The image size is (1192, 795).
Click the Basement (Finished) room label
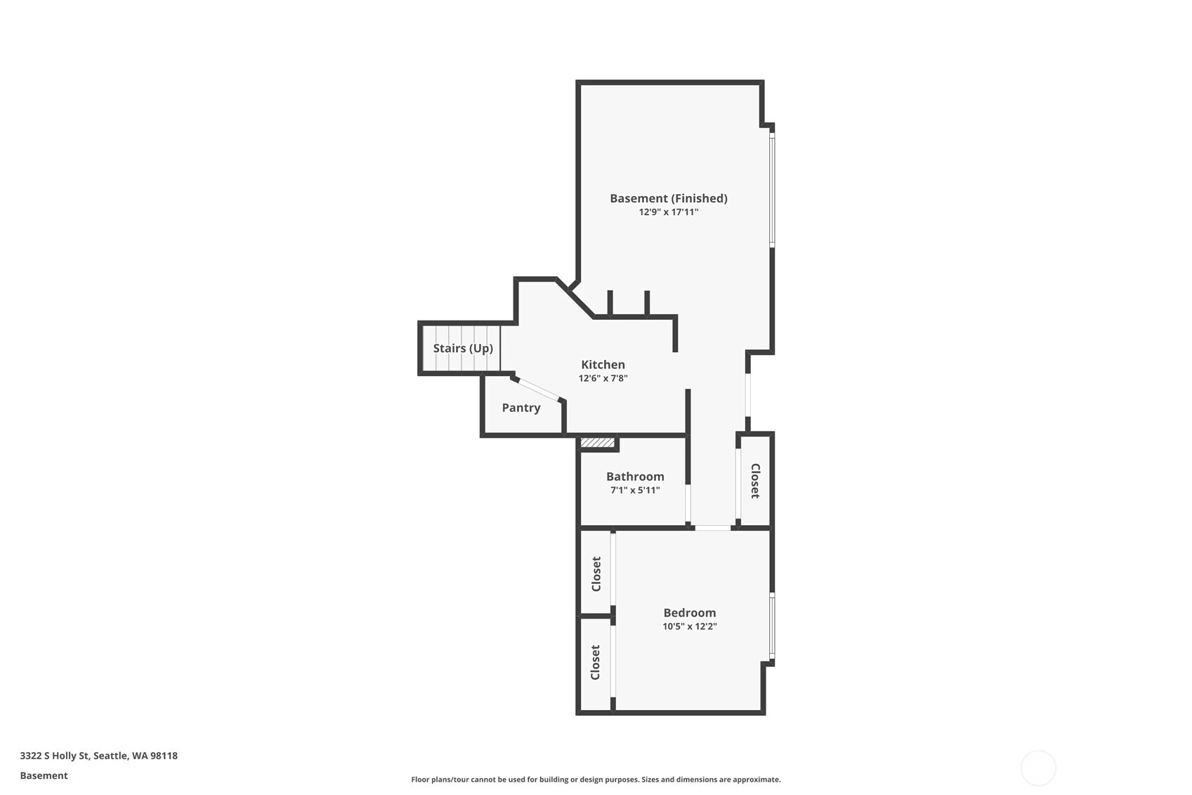pyautogui.click(x=669, y=198)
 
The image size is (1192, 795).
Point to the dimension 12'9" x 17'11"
pyautogui.click(x=669, y=212)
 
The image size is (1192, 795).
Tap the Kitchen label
pyautogui.click(x=603, y=364)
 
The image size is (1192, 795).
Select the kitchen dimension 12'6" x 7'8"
pyautogui.click(x=603, y=378)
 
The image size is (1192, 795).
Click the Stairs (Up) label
pyautogui.click(x=463, y=348)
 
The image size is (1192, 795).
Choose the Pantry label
pyautogui.click(x=521, y=408)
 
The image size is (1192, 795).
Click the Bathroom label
pyautogui.click(x=636, y=476)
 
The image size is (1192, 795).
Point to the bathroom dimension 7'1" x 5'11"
pyautogui.click(x=636, y=490)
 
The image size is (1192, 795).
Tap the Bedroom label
pyautogui.click(x=690, y=612)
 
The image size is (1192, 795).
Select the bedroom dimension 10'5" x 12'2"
pyautogui.click(x=690, y=626)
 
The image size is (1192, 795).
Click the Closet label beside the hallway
pyautogui.click(x=755, y=481)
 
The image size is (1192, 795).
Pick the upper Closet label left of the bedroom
pyautogui.click(x=596, y=574)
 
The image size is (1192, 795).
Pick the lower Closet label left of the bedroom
pyautogui.click(x=596, y=662)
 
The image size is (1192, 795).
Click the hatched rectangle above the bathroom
pyautogui.click(x=597, y=443)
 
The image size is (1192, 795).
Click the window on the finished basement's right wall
pyautogui.click(x=772, y=189)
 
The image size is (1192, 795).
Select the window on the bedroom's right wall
pyautogui.click(x=772, y=626)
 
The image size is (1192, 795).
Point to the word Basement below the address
pyautogui.click(x=44, y=775)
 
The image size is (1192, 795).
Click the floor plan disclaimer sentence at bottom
pyautogui.click(x=596, y=780)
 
